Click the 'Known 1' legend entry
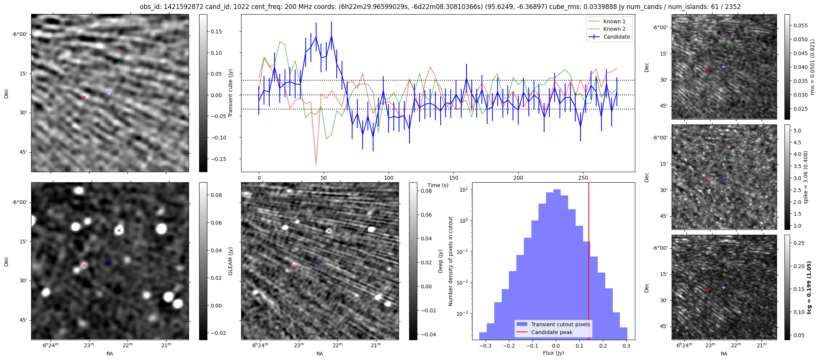(614, 21)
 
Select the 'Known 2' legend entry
(614, 29)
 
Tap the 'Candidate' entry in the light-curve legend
(616, 37)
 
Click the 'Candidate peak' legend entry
(552, 332)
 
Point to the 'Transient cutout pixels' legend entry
(560, 324)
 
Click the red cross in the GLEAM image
(84, 265)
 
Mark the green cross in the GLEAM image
(119, 231)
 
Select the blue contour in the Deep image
(319, 262)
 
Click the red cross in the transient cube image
(84, 97)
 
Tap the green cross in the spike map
(730, 157)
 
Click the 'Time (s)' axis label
(438, 185)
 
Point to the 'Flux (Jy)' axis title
(553, 353)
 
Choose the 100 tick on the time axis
(389, 178)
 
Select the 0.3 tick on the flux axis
(626, 346)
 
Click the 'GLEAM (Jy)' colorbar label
(231, 261)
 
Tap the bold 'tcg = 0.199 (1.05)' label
(809, 287)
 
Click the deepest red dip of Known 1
(316, 164)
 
